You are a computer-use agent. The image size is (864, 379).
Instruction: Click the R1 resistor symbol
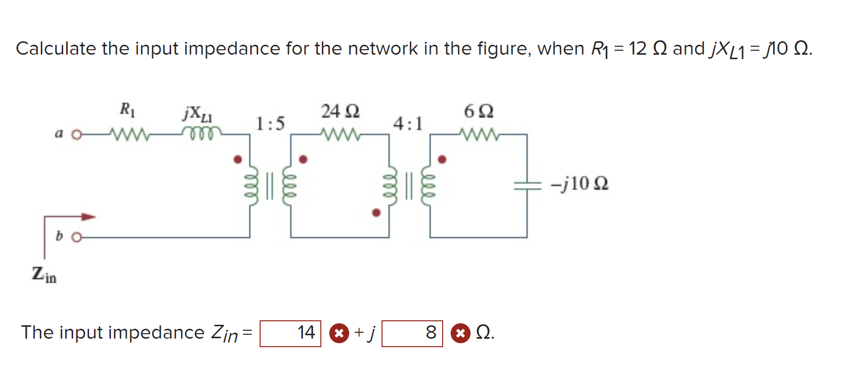click(128, 134)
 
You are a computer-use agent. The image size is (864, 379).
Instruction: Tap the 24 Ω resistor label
click(340, 111)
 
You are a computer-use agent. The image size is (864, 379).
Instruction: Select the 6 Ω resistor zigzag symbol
click(478, 134)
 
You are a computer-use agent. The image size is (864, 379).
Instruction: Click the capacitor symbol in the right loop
click(527, 186)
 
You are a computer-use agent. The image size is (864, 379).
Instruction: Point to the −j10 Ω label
click(579, 184)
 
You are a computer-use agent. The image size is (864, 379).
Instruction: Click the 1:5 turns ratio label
click(270, 123)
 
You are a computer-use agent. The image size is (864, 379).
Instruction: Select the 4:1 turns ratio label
click(408, 123)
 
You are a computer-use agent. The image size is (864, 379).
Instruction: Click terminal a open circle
click(76, 135)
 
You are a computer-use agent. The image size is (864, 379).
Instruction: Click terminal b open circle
click(76, 237)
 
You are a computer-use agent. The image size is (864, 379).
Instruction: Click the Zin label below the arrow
click(44, 274)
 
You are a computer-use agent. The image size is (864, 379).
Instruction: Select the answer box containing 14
click(290, 333)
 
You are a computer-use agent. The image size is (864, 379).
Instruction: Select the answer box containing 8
click(412, 333)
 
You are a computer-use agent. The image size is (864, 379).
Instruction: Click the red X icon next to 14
click(339, 333)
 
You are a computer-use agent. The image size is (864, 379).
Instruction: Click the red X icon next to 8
click(460, 333)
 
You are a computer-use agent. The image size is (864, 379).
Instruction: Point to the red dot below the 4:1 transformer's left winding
click(377, 213)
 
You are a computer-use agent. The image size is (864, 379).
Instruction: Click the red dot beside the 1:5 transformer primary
click(238, 159)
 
